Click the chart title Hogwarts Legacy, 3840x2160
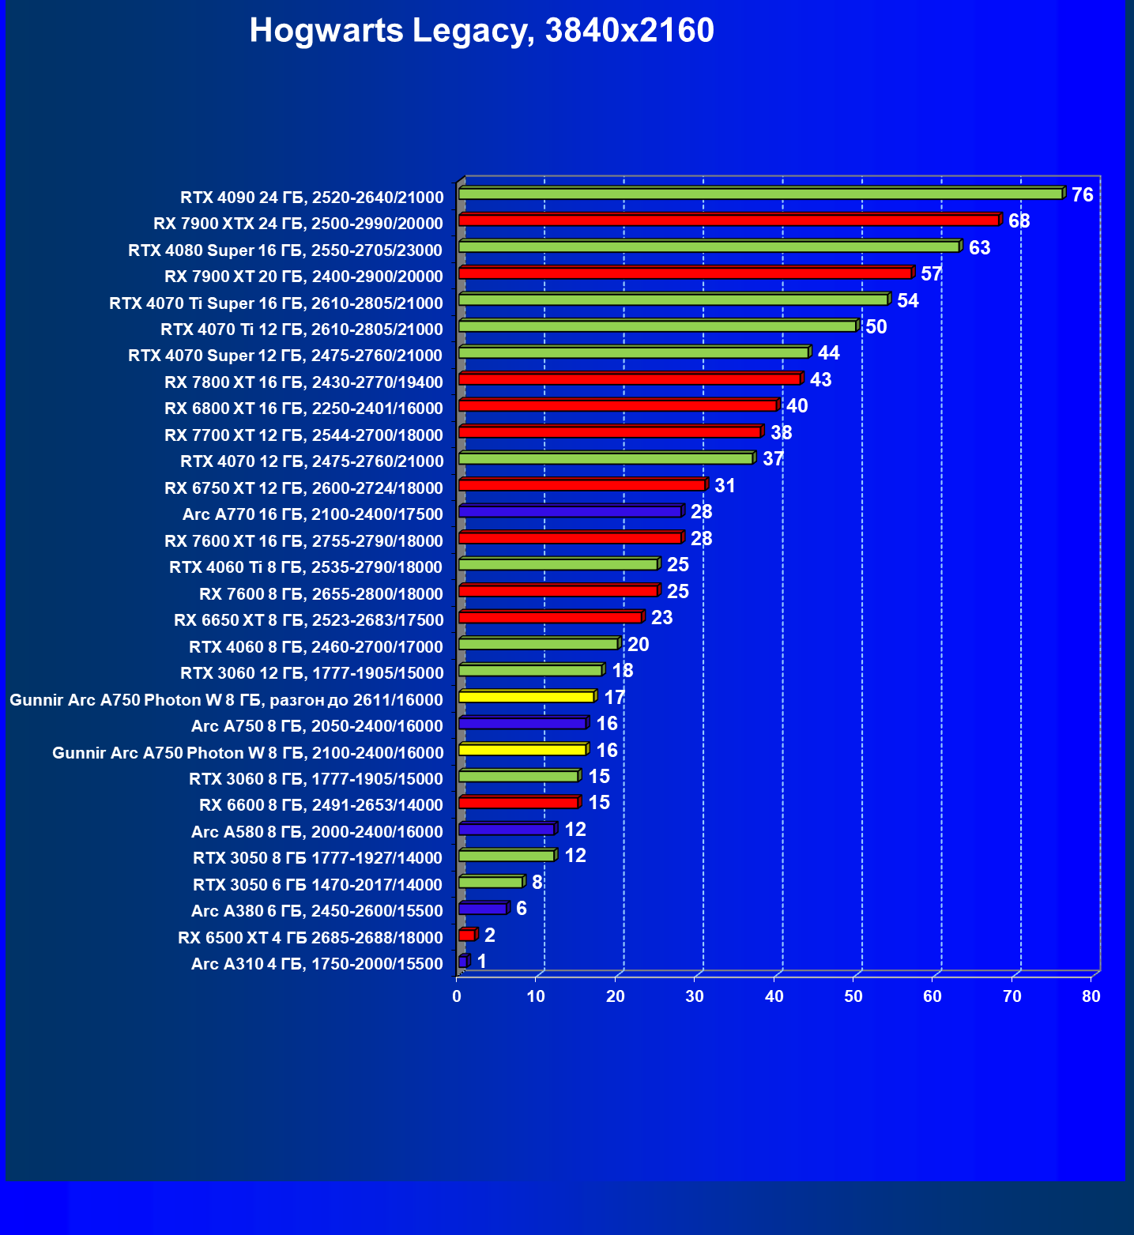coord(481,31)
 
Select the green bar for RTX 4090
coord(760,194)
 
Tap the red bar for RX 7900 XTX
coord(729,220)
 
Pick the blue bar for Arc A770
coord(570,512)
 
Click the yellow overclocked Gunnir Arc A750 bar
coord(526,697)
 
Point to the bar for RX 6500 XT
coord(467,936)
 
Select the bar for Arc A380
coord(483,909)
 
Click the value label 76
coord(1082,194)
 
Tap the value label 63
coord(979,248)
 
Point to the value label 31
coord(725,486)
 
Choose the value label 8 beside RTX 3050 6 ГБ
coord(537,883)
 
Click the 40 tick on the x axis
coord(774,996)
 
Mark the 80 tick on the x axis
coord(1091,996)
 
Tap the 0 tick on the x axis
coord(457,996)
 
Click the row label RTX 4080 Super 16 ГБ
coord(285,250)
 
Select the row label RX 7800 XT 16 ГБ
coord(303,382)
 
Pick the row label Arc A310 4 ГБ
coord(317,964)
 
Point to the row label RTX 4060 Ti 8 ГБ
coord(306,567)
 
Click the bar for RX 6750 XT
coord(582,485)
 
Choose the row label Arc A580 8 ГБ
coord(317,832)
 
